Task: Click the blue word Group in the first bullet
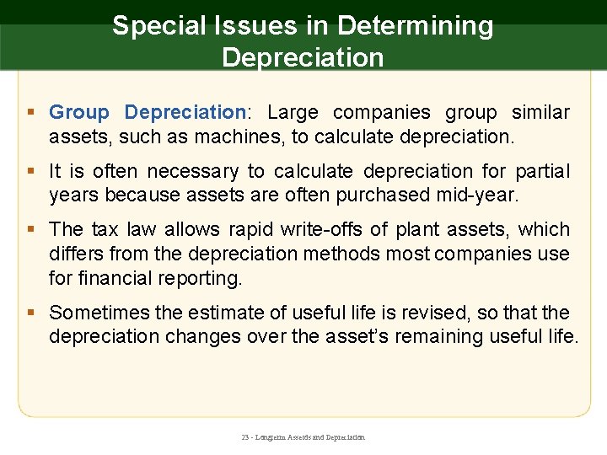coord(79,113)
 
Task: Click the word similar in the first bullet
coord(537,113)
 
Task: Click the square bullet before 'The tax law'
coord(31,230)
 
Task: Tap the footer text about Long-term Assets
coord(303,438)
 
